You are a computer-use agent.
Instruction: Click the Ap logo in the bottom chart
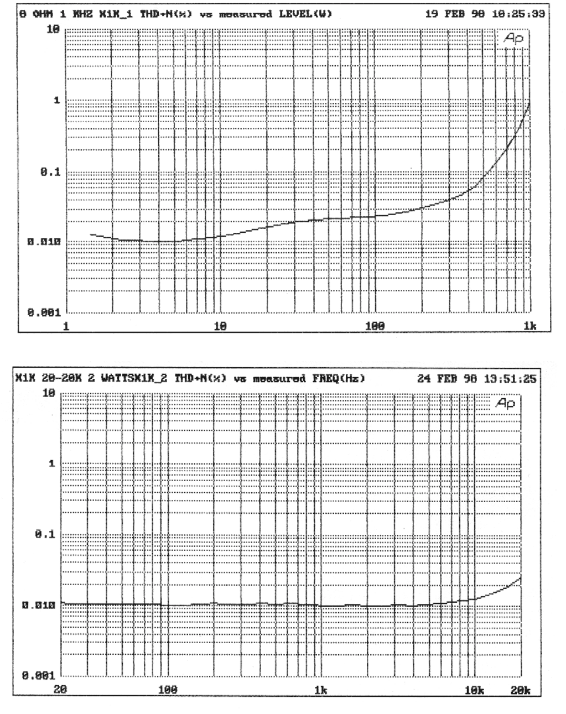click(x=506, y=404)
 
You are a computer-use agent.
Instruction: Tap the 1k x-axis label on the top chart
click(x=530, y=326)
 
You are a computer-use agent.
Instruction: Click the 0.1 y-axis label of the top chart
click(x=50, y=173)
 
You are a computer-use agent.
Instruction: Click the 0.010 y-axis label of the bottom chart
click(x=41, y=605)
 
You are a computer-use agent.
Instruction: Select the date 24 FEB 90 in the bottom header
click(x=442, y=379)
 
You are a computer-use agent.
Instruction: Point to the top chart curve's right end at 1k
click(x=530, y=102)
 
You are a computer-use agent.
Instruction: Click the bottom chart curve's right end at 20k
click(x=521, y=577)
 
